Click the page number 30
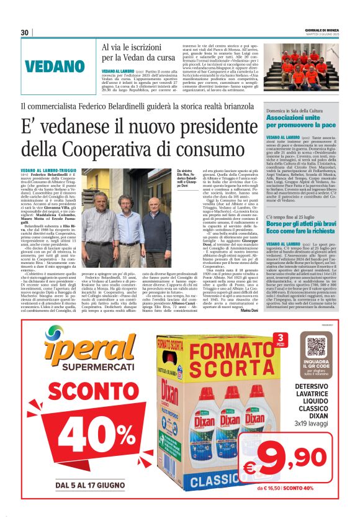pos(25,32)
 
